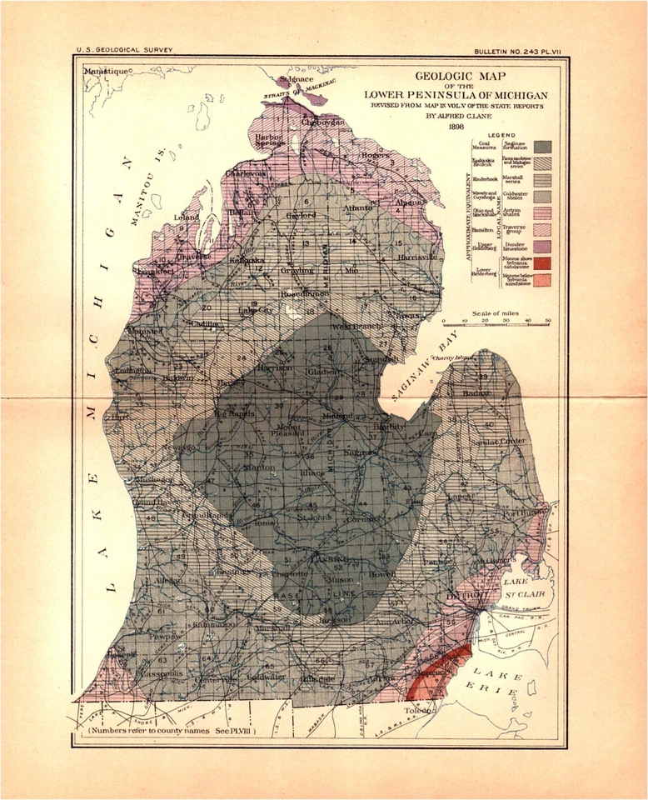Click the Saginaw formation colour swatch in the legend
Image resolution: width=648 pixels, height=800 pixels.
tap(544, 147)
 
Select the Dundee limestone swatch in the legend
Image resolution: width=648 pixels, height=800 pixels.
tap(544, 246)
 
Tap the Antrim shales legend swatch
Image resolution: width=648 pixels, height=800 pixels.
tap(544, 213)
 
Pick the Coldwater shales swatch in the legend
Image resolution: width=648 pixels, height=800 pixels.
tap(544, 197)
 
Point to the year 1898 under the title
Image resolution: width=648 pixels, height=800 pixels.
tap(455, 127)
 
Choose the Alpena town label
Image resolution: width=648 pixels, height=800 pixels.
tap(411, 202)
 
